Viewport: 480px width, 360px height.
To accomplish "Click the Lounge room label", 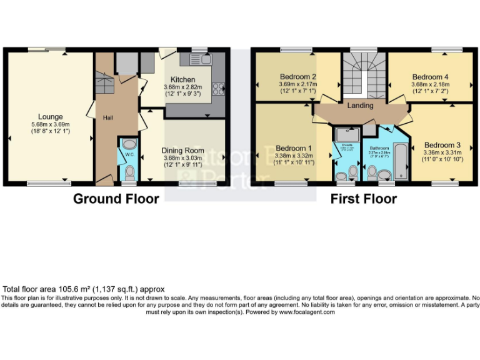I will click(50, 116).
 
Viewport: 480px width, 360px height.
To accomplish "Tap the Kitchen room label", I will click(182, 80).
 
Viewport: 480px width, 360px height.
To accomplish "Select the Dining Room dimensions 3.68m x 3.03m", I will click(182, 158).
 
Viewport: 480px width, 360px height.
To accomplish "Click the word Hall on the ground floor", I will click(108, 117).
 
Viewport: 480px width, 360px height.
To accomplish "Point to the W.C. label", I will click(129, 154).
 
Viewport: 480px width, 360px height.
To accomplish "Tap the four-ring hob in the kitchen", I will click(219, 89).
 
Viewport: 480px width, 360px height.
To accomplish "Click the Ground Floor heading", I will click(116, 199).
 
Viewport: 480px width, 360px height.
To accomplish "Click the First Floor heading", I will click(364, 199).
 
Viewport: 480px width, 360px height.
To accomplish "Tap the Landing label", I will click(361, 106).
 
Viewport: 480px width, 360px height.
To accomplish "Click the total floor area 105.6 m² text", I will click(84, 289).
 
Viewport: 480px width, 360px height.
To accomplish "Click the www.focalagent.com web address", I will click(306, 312).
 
